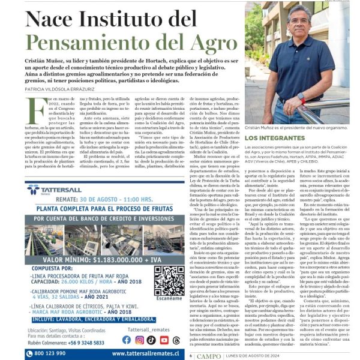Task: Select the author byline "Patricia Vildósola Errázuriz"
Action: click(64, 88)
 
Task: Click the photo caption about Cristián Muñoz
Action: click(296, 128)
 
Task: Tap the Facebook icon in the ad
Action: click(127, 340)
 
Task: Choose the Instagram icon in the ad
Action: click(139, 340)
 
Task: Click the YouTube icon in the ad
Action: click(164, 340)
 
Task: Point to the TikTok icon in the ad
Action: click(151, 340)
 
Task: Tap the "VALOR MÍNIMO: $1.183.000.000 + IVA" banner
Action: click(97, 260)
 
